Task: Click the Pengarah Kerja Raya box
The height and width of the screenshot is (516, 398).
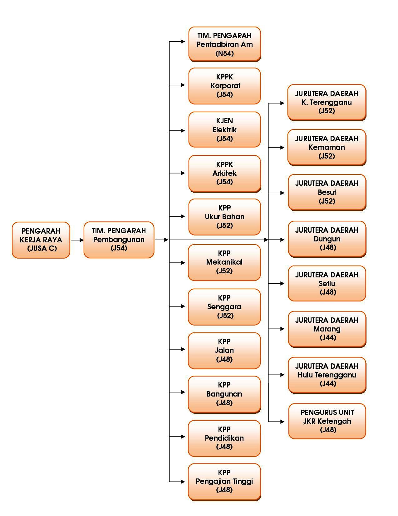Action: [x=41, y=240]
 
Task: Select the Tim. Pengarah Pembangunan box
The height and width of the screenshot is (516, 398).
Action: [x=119, y=240]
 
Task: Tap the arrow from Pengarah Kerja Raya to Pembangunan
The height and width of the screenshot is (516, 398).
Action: [x=77, y=240]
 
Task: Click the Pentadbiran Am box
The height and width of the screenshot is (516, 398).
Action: [x=224, y=44]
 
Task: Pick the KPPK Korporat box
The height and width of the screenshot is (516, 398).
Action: [x=224, y=86]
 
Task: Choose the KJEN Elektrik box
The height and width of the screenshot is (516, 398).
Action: [x=224, y=129]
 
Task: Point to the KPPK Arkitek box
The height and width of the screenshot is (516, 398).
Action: [x=224, y=173]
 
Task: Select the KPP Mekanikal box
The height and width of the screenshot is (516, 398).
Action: [x=224, y=262]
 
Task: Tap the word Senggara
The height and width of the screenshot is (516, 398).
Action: [x=224, y=307]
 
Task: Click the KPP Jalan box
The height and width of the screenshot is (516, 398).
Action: [x=224, y=351]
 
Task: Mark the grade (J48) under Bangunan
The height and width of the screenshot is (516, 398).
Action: [x=224, y=403]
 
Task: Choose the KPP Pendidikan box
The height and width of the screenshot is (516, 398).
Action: [x=224, y=438]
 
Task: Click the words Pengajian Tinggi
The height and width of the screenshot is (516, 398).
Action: [x=224, y=481]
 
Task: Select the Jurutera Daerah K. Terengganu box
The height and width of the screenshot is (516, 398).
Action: [x=327, y=102]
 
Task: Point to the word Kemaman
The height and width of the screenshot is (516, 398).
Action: [x=327, y=147]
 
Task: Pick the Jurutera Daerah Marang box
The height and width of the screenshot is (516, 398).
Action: [x=327, y=329]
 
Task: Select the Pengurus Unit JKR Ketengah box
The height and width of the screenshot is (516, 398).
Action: [x=327, y=421]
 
